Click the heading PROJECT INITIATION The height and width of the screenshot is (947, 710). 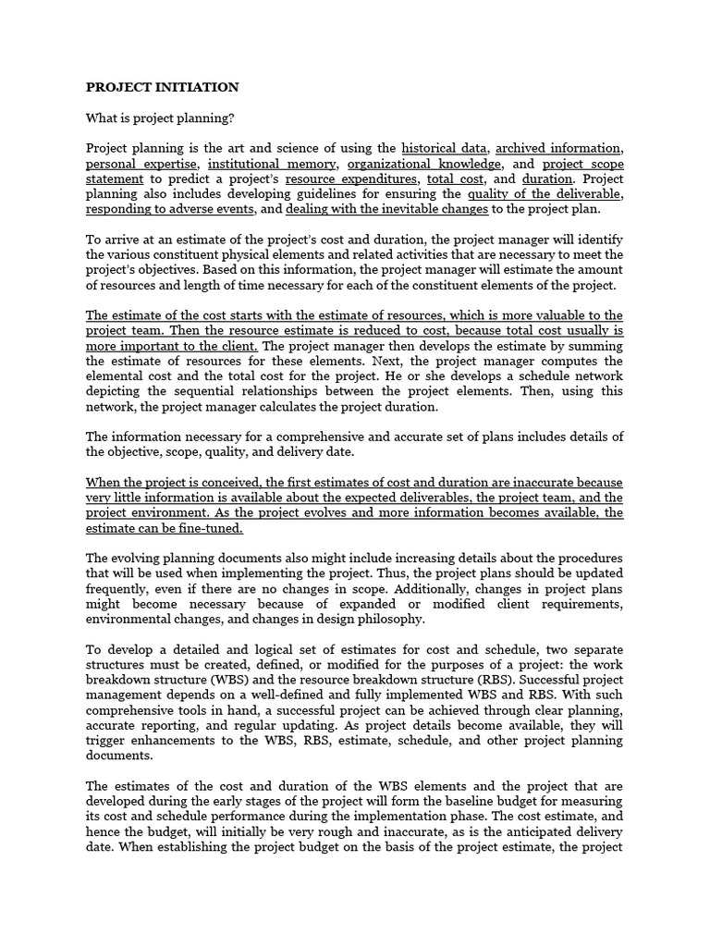tap(162, 87)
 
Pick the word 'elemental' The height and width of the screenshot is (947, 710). tap(117, 376)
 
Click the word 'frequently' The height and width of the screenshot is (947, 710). tap(118, 589)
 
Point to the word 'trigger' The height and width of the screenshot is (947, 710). tap(106, 740)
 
